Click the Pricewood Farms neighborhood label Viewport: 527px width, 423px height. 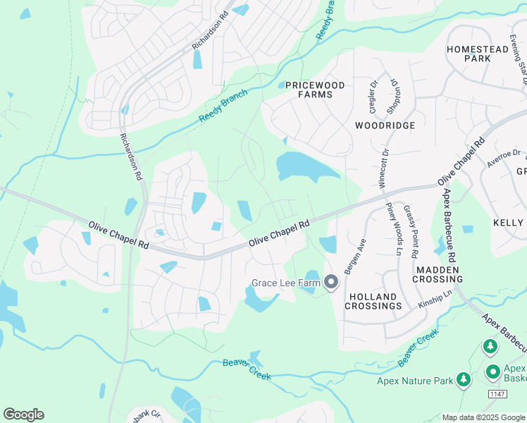[316, 90]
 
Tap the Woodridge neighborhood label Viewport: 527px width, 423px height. [385, 125]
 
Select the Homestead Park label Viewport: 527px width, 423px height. [477, 54]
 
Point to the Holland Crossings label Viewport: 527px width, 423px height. [373, 301]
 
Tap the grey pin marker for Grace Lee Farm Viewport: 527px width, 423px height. [331, 283]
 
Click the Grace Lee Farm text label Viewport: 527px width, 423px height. [285, 283]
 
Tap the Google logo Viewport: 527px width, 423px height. [23, 415]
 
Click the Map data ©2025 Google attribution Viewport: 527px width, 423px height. [484, 417]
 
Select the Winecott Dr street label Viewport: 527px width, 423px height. [384, 166]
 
